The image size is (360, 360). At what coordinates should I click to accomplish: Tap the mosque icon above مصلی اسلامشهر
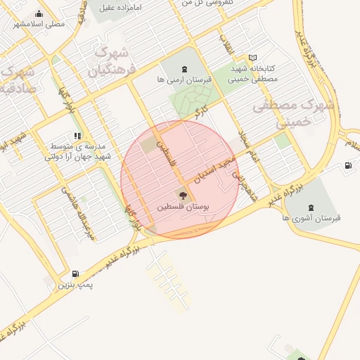tap(38, 13)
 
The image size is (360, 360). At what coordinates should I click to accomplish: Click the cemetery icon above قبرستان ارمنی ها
tap(184, 69)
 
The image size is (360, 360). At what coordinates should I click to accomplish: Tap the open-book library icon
tap(253, 58)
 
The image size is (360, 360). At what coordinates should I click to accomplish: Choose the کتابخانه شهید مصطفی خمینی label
tap(255, 75)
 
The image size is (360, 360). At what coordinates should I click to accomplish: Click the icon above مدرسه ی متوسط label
tap(77, 136)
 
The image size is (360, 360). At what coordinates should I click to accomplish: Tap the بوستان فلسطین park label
tap(184, 208)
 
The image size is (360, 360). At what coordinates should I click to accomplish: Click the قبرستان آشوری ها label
tap(311, 218)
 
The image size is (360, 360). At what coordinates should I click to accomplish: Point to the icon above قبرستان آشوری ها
tap(311, 206)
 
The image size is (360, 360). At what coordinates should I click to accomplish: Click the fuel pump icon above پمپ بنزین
tap(75, 274)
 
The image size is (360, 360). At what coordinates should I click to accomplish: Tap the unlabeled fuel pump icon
tap(347, 166)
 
